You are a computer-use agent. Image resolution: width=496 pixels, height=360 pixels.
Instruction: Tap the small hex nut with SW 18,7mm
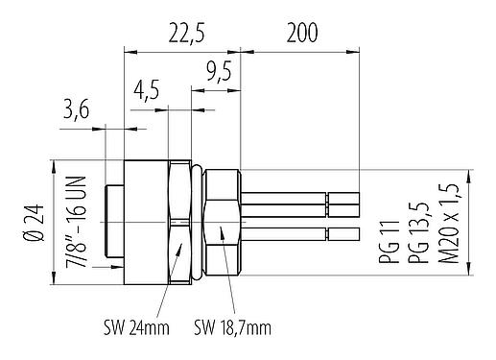coord(222,223)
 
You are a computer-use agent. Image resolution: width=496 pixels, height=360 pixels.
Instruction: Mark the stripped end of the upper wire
coord(342,203)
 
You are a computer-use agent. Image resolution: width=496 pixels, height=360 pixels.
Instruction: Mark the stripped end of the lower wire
coord(342,234)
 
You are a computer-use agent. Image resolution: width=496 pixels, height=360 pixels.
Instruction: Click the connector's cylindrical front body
coord(143,223)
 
